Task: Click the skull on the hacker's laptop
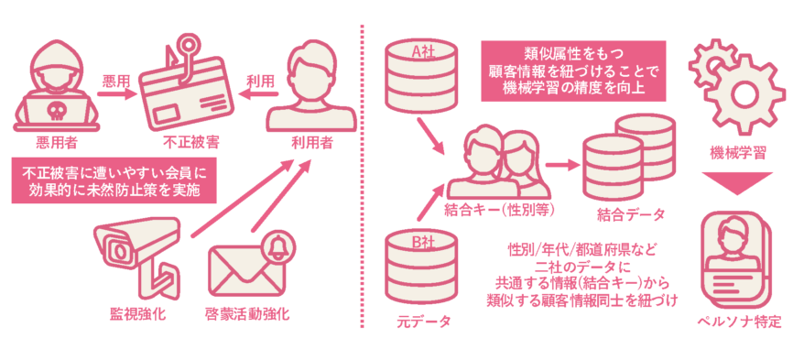click(x=55, y=110)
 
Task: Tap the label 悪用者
click(x=57, y=142)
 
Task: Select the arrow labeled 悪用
click(x=118, y=93)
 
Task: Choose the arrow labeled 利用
click(x=261, y=94)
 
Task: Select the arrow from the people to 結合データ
click(x=563, y=165)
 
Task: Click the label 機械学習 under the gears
click(x=737, y=152)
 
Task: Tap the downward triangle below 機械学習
click(x=737, y=183)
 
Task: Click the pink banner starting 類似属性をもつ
click(x=573, y=71)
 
